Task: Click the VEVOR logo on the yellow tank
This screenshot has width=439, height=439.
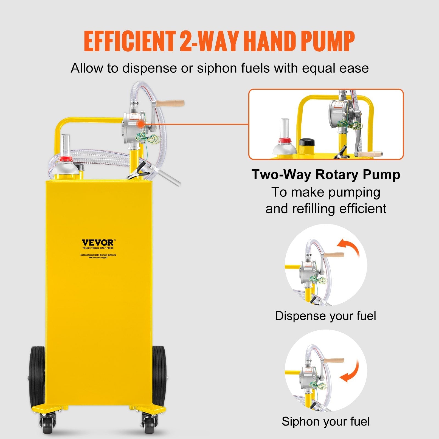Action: click(98, 243)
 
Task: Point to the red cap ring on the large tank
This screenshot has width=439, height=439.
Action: click(65, 159)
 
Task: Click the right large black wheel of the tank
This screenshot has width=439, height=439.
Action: click(159, 376)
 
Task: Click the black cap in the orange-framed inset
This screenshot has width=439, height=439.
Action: click(307, 143)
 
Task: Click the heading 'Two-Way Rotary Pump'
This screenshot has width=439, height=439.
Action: click(326, 175)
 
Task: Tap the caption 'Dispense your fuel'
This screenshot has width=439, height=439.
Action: click(325, 316)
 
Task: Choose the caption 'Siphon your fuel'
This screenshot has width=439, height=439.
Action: click(325, 421)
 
